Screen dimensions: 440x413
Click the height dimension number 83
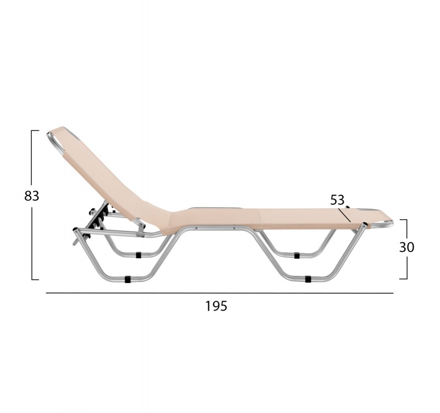[31, 196]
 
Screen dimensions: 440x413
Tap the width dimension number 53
[337, 200]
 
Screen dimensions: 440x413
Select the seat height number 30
[406, 247]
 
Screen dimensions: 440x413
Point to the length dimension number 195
[216, 306]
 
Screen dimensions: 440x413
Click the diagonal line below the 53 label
[345, 215]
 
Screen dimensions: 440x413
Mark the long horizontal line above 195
[219, 293]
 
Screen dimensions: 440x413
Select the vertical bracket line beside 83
[32, 205]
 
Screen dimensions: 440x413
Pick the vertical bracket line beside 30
[406, 249]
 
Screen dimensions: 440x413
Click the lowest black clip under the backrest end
[128, 279]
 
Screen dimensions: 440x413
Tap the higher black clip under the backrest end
[139, 255]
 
